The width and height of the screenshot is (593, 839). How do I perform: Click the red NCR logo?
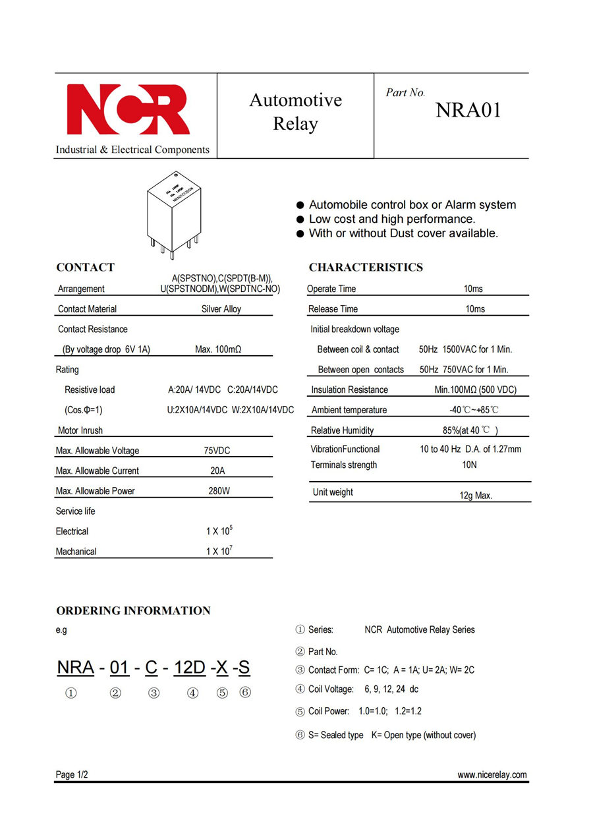[128, 109]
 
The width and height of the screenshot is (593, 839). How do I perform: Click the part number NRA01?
[468, 111]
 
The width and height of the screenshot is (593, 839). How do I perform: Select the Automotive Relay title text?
[295, 112]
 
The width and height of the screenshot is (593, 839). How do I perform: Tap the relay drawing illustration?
[175, 214]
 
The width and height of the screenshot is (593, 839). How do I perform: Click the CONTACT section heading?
[85, 268]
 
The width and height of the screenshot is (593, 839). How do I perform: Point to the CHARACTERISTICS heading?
[366, 268]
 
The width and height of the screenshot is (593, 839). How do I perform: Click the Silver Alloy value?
[221, 309]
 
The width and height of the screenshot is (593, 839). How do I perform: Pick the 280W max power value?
[219, 491]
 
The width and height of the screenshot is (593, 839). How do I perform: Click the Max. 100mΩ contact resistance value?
[218, 349]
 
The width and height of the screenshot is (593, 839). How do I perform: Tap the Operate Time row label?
[331, 289]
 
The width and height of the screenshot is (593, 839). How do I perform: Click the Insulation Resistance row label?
[349, 390]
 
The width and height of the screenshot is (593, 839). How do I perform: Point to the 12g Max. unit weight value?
[476, 496]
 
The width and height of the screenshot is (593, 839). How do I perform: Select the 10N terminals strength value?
[469, 465]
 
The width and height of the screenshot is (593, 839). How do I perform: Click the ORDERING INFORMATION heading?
[133, 611]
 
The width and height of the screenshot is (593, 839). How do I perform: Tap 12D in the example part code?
[190, 668]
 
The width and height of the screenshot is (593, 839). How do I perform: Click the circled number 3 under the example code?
[154, 693]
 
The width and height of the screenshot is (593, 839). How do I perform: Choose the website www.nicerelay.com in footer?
[492, 775]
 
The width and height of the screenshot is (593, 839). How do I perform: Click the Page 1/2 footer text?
[72, 775]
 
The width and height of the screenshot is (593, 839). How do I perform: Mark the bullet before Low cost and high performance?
[300, 219]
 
